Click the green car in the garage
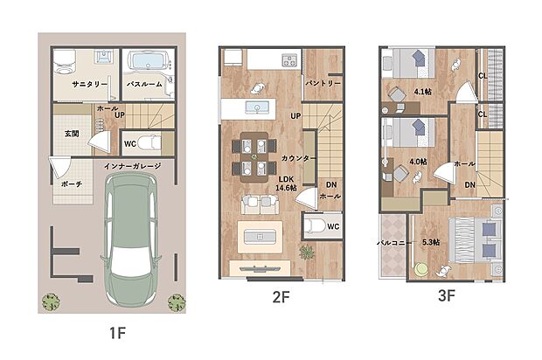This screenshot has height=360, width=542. pyautogui.click(x=131, y=239)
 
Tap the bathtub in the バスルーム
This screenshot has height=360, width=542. pyautogui.click(x=148, y=61)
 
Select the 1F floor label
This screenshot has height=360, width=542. pyautogui.click(x=117, y=333)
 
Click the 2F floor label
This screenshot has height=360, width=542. pyautogui.click(x=281, y=297)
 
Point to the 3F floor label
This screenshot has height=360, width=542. pyautogui.click(x=446, y=295)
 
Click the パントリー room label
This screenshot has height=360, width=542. pyautogui.click(x=323, y=83)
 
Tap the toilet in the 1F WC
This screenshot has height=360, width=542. pyautogui.click(x=149, y=142)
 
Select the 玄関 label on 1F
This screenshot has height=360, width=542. pyautogui.click(x=72, y=134)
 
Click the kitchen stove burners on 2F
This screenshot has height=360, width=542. pyautogui.click(x=289, y=60)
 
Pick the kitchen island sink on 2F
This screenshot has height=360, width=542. pyautogui.click(x=257, y=107)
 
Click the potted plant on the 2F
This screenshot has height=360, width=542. pyautogui.click(x=307, y=253)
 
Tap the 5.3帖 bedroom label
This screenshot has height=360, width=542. pyautogui.click(x=431, y=242)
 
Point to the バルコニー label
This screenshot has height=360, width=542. pyautogui.click(x=393, y=243)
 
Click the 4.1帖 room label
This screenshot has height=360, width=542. pyautogui.click(x=423, y=92)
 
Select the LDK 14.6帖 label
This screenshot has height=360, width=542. pyautogui.click(x=286, y=183)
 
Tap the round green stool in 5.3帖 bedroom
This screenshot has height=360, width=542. pyautogui.click(x=420, y=269)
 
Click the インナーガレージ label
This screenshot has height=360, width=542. pyautogui.click(x=133, y=166)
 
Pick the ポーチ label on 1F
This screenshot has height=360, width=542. pyautogui.click(x=72, y=184)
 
